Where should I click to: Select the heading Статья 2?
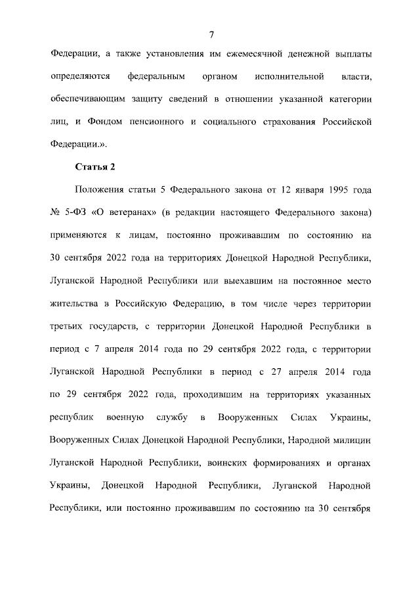coord(96,165)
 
